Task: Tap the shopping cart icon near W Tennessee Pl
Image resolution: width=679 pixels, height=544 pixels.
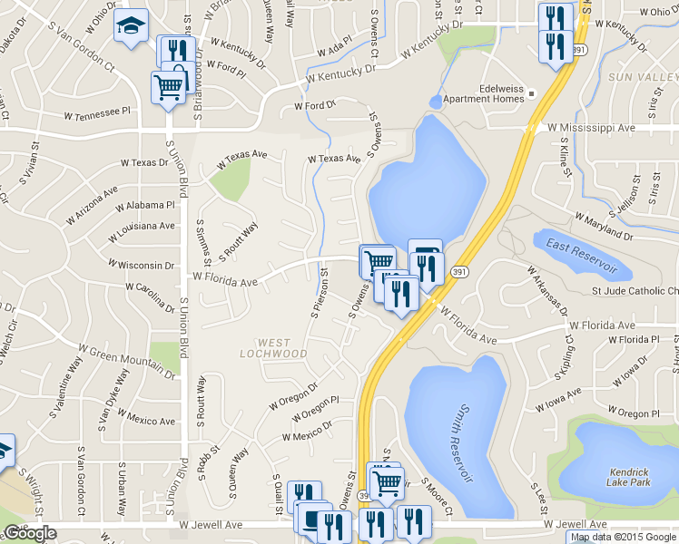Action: pos(168,87)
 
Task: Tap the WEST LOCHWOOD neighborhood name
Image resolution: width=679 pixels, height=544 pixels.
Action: pos(270,348)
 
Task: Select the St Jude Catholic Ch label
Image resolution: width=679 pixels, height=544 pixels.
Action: pos(635,291)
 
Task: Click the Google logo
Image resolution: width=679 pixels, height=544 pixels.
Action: pos(30,533)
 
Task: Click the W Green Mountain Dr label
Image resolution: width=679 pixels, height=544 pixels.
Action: pos(125,360)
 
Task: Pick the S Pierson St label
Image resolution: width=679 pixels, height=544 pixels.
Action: pos(320,292)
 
